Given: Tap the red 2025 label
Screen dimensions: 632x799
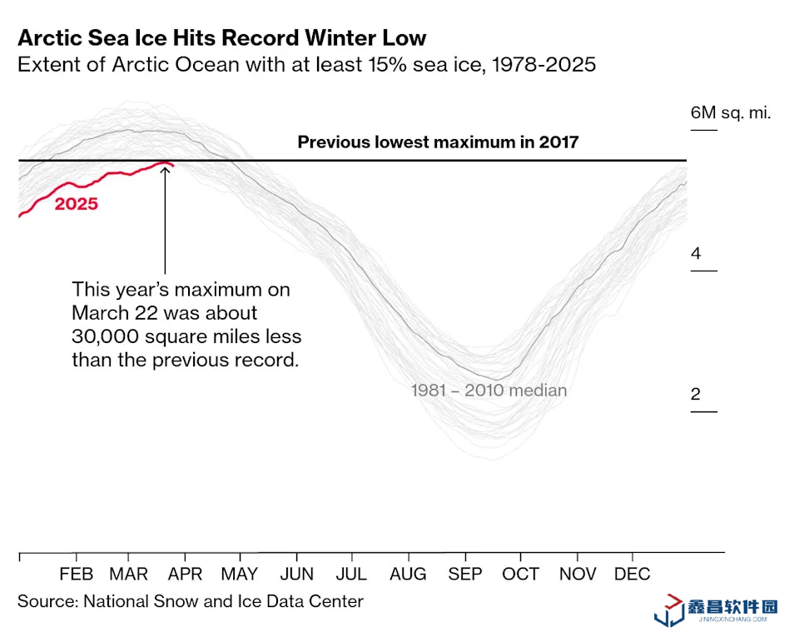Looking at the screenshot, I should (77, 203).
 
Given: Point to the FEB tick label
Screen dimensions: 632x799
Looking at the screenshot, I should (77, 575).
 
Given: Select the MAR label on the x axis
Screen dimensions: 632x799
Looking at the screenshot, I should (129, 575).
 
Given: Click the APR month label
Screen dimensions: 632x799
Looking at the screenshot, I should (185, 575).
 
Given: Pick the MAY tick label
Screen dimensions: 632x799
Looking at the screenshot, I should (240, 575).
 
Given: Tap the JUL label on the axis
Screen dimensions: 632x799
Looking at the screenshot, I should (351, 575).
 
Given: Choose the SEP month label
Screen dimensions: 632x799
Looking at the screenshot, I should (465, 575).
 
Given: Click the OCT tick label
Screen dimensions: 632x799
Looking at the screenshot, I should (521, 575).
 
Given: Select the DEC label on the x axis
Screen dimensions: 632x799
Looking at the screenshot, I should (633, 575).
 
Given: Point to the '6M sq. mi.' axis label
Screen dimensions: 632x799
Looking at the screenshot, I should (731, 112).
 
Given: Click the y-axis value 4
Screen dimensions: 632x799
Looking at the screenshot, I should (696, 253).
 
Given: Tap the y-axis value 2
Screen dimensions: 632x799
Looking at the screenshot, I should (696, 394).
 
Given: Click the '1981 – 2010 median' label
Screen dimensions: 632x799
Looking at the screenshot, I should (489, 390).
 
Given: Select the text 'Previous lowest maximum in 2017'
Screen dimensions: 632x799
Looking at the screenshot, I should (438, 142).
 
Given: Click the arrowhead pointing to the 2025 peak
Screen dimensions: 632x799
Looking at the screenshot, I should (166, 168).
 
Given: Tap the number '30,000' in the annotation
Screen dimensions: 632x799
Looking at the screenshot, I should (105, 336).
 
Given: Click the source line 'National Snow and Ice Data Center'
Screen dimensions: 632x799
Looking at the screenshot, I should (223, 601).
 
